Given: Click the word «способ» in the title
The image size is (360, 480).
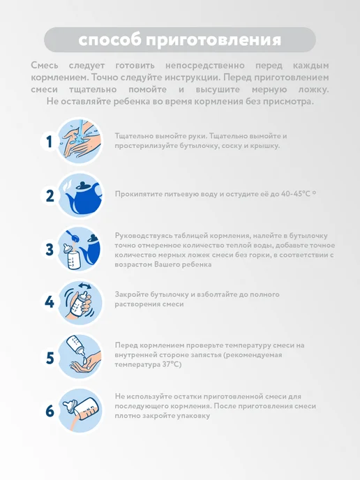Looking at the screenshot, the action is pos(110,40).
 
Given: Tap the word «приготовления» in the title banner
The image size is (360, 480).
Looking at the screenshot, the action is pos(213,40).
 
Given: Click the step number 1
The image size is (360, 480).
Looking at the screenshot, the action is pos(50,142).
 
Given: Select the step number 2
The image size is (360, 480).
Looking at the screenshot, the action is pos(50,196).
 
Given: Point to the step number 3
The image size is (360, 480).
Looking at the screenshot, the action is pos(50,250).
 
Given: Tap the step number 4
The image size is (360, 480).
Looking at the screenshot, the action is pos(50,302).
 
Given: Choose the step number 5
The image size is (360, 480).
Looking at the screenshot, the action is pos(50,358).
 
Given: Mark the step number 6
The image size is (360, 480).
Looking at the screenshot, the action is pos(50,411).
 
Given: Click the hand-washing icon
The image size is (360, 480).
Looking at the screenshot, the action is pos(80,141).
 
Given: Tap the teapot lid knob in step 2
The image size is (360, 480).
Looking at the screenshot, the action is pos(82,183).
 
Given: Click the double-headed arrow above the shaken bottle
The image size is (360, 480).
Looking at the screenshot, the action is pos(84,286).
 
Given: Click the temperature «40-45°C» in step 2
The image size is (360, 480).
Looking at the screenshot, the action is pos(295,194).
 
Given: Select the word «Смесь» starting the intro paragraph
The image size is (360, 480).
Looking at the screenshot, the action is pos(45,65).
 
